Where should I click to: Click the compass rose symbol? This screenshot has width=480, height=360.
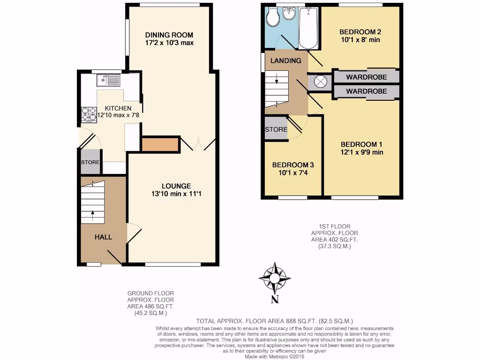pyautogui.click(x=274, y=278)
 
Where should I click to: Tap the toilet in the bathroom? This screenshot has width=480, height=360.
pyautogui.click(x=272, y=18)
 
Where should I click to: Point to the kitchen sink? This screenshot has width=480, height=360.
pyautogui.click(x=109, y=81)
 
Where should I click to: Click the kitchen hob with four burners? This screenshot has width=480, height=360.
pyautogui.click(x=89, y=115)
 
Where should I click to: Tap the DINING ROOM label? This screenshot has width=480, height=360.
pyautogui.click(x=169, y=35)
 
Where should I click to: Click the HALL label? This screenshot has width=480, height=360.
pyautogui.click(x=103, y=237)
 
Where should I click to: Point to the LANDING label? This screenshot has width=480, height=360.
pyautogui.click(x=286, y=60)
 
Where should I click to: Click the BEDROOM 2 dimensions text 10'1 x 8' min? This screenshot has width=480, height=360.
pyautogui.click(x=360, y=40)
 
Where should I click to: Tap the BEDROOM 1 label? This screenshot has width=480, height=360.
pyautogui.click(x=361, y=144)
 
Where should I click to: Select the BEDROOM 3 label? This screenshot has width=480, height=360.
pyautogui.click(x=292, y=165)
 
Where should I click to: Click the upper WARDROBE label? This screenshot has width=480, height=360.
pyautogui.click(x=367, y=77)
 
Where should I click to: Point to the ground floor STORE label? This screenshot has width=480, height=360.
pyautogui.click(x=90, y=162)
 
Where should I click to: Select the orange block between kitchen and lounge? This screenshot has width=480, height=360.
pyautogui.click(x=160, y=144)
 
